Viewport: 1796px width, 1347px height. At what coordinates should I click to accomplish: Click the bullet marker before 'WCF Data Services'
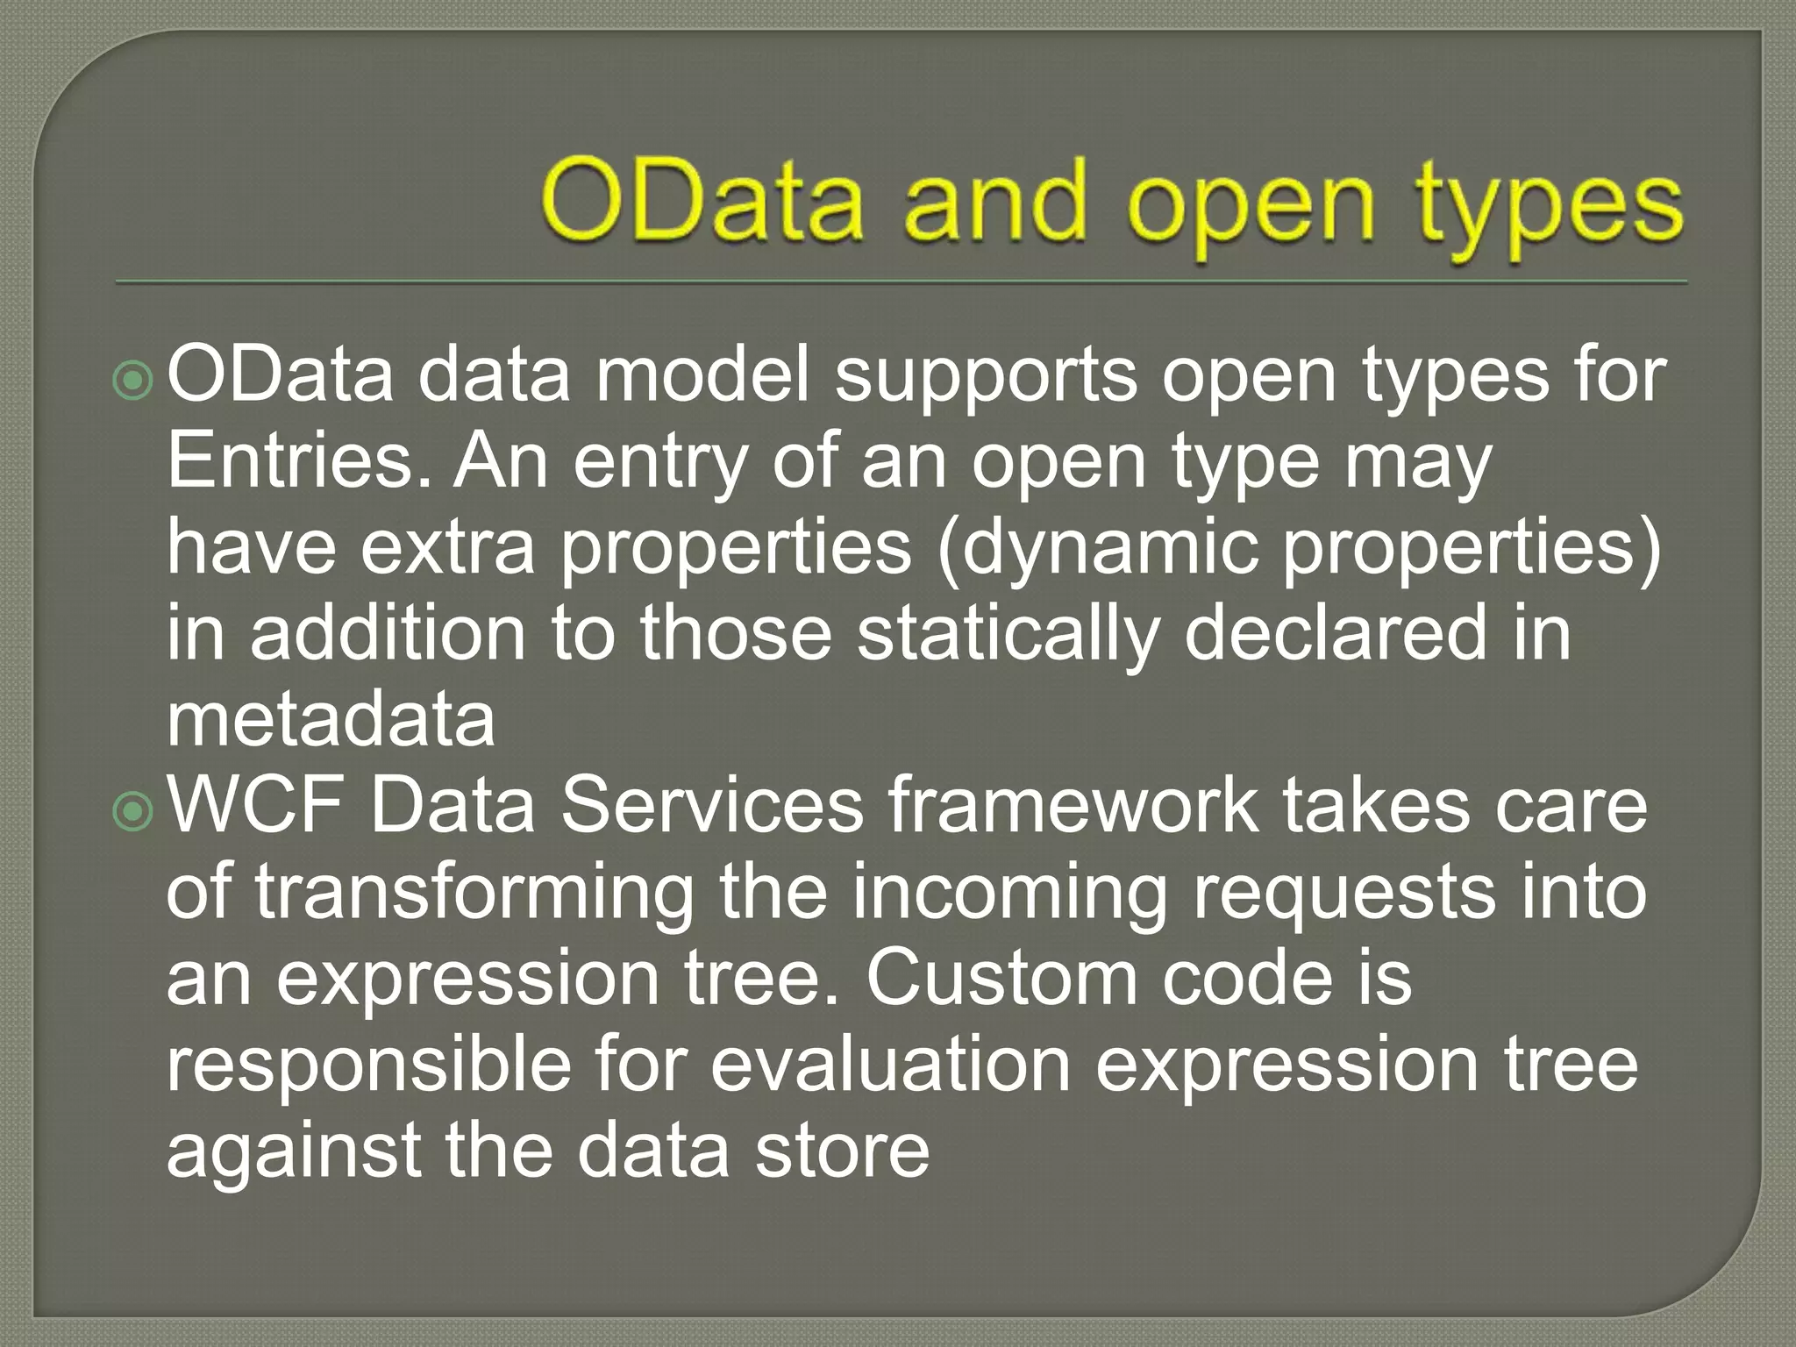(134, 812)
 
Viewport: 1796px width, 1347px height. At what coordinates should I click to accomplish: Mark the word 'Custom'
(1001, 977)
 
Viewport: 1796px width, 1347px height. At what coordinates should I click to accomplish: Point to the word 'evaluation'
(891, 1063)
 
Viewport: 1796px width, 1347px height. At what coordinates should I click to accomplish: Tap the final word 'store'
(843, 1149)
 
